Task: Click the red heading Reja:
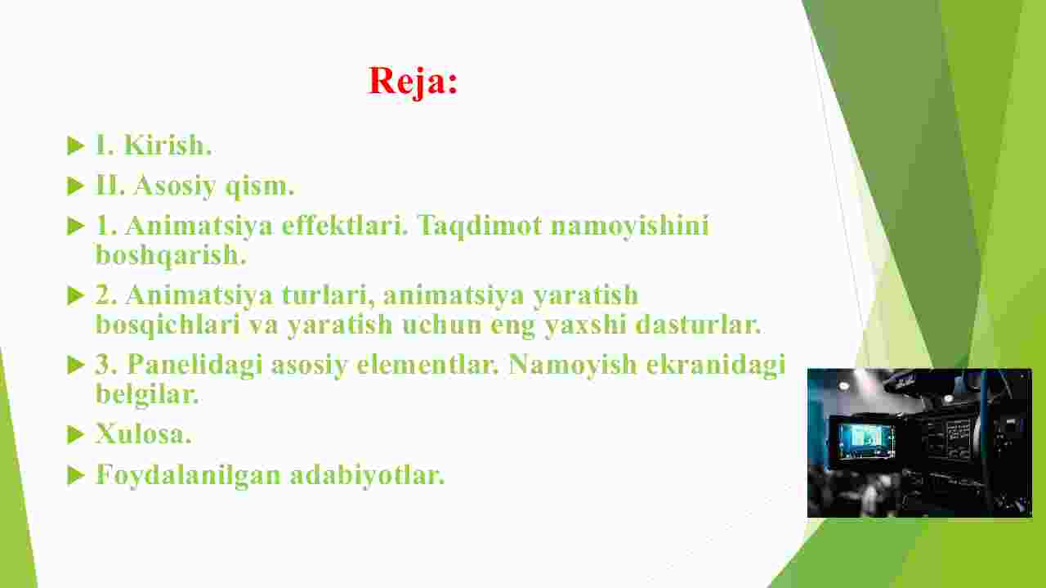coord(413,81)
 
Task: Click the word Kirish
coord(168,145)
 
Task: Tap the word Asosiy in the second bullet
coord(175,186)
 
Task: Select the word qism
coord(260,186)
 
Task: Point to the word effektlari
coord(345,225)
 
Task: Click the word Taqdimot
coord(479,227)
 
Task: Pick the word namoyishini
coord(629,227)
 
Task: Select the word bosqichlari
coord(168,325)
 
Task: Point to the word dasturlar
coord(699,325)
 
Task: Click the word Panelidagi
coord(194,365)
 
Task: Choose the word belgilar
coord(147,394)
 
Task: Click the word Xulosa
coord(144,433)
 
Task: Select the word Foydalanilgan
coord(188,475)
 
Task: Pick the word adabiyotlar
coord(368,475)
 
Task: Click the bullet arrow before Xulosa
coord(75,435)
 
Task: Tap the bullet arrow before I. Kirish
coord(75,146)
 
